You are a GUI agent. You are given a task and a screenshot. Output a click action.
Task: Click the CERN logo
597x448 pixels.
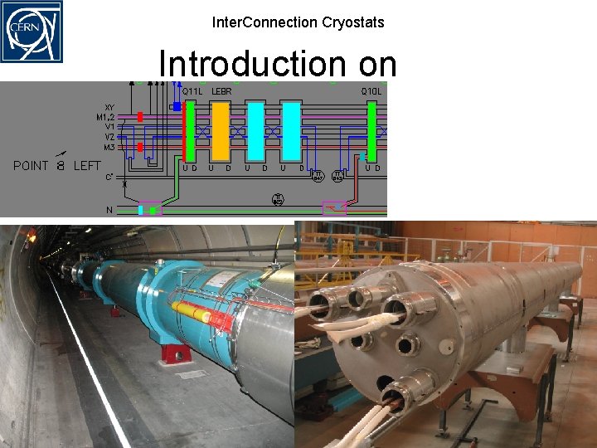tap(32, 32)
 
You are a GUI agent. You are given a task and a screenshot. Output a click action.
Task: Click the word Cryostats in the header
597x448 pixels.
tap(353, 22)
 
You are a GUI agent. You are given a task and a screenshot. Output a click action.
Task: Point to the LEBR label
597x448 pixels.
tap(221, 90)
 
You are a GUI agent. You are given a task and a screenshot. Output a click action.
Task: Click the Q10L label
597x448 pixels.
tap(370, 90)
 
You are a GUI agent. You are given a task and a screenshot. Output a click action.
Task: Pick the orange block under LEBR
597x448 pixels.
tap(220, 131)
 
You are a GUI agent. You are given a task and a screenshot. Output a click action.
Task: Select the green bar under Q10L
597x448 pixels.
tap(371, 131)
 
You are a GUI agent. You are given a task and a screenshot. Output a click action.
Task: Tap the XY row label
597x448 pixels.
tap(109, 107)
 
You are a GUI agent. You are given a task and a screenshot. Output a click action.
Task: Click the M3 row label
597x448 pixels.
tap(109, 147)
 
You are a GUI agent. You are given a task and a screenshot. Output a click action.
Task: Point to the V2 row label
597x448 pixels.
tap(109, 137)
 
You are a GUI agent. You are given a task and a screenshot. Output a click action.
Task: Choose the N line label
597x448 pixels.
tap(109, 210)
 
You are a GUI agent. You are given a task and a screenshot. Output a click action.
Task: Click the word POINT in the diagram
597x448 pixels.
tap(32, 166)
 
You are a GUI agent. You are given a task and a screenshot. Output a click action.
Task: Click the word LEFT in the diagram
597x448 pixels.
tap(87, 166)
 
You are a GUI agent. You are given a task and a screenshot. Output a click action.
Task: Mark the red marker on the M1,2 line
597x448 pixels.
tap(140, 118)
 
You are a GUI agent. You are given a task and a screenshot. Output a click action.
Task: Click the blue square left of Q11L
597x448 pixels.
tap(177, 106)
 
